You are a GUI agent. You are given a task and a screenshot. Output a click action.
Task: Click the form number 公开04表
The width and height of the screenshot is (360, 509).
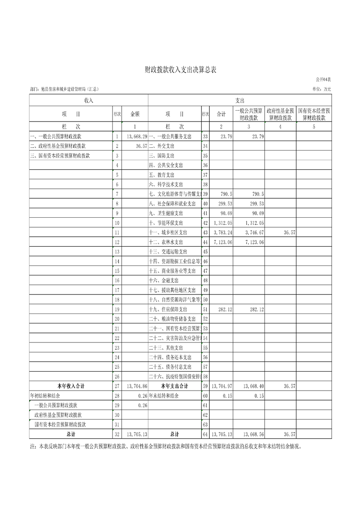[323, 80]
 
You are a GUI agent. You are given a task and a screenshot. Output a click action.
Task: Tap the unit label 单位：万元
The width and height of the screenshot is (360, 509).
[321, 89]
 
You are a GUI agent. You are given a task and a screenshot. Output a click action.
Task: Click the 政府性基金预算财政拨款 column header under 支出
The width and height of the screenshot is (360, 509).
[281, 114]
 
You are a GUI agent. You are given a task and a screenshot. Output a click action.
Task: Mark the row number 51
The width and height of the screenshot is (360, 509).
[205, 309]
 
